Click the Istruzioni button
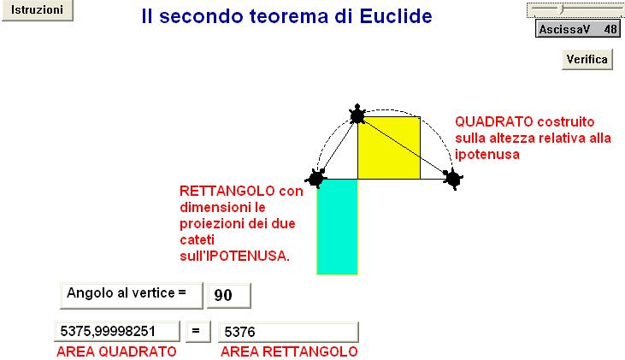37,10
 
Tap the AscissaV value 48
610,29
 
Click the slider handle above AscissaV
562,9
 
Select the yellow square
389,148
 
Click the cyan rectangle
337,227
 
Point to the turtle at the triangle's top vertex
357,115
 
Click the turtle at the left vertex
316,178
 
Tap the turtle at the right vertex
453,179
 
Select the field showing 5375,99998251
117,331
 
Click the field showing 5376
288,332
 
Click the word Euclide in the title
395,16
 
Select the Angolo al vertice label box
131,295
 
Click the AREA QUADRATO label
116,351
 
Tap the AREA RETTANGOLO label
289,351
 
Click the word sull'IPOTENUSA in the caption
234,256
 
